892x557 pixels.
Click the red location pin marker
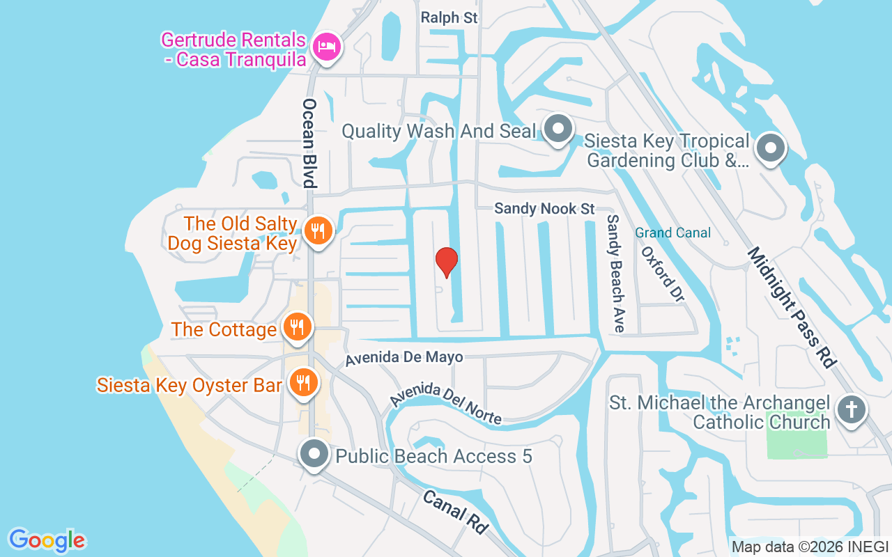click(x=447, y=262)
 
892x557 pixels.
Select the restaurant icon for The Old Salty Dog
click(x=318, y=230)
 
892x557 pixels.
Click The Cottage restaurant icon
click(x=298, y=327)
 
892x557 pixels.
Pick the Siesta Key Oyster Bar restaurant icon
click(x=303, y=383)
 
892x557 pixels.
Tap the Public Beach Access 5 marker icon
click(x=314, y=454)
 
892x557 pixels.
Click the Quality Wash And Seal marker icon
click(x=557, y=129)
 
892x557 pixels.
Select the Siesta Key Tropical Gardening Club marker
click(x=771, y=148)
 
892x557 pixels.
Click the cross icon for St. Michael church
click(x=851, y=409)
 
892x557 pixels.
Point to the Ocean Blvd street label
click(x=309, y=143)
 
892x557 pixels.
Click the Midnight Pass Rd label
click(x=791, y=306)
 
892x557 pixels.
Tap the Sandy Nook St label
click(x=545, y=208)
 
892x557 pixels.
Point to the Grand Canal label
click(x=672, y=233)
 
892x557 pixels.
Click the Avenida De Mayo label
click(x=404, y=358)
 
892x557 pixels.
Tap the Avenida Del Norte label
click(x=446, y=402)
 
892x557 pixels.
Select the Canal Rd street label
click(x=455, y=511)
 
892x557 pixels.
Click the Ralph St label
click(x=449, y=18)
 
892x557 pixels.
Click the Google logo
click(x=47, y=540)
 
